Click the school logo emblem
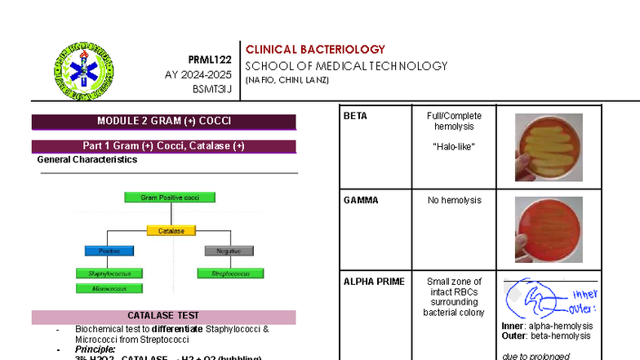pyautogui.click(x=83, y=71)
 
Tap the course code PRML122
pyautogui.click(x=210, y=60)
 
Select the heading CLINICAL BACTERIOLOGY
pyautogui.click(x=315, y=50)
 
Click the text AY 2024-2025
pyautogui.click(x=198, y=74)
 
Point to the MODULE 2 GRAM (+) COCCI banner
pyautogui.click(x=164, y=122)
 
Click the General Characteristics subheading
pyautogui.click(x=87, y=160)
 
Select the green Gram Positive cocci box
pyautogui.click(x=170, y=198)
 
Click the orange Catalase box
pyautogui.click(x=171, y=231)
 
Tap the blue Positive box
pyautogui.click(x=109, y=251)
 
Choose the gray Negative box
pyautogui.click(x=229, y=251)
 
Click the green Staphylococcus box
pyautogui.click(x=109, y=273)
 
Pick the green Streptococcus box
pyautogui.click(x=229, y=273)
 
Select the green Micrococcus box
pyautogui.click(x=109, y=288)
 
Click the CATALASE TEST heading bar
pyautogui.click(x=163, y=316)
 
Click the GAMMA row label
pyautogui.click(x=361, y=200)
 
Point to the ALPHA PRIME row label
pyautogui.click(x=374, y=282)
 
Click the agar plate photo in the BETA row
pyautogui.click(x=549, y=147)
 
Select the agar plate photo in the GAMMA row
pyautogui.click(x=549, y=229)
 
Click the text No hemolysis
pyautogui.click(x=454, y=200)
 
